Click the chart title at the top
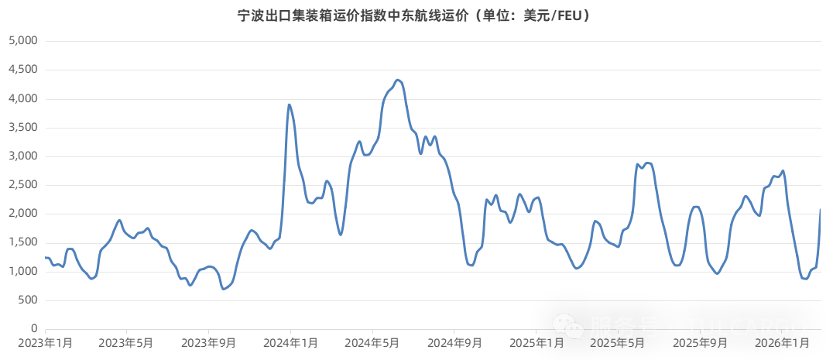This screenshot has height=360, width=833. pos(416,15)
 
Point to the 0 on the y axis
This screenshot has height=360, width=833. pos(34,329)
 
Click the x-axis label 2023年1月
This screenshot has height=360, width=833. pos(46,341)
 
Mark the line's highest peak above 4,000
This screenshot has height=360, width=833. pos(398,80)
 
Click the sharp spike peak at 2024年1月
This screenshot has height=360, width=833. pos(289,105)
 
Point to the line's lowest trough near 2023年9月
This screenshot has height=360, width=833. pos(223,289)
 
